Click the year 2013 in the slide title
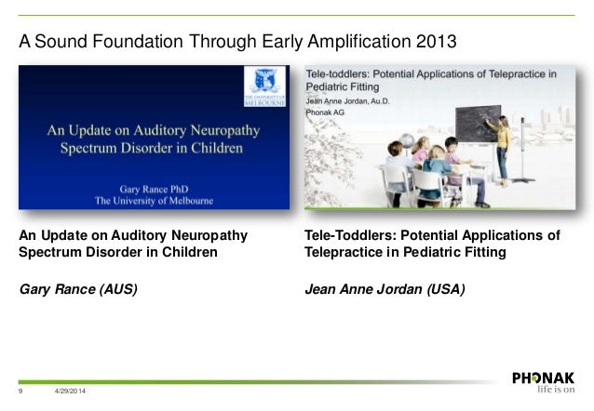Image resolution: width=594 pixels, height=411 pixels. click(431, 42)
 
